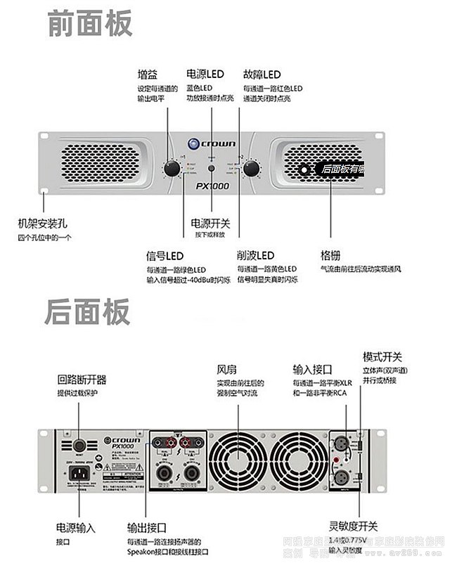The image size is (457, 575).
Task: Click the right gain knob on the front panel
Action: pos(251,169)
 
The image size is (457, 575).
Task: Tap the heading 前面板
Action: pos(90,23)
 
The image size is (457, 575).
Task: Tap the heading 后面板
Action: pos(88,312)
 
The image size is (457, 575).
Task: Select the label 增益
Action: pos(148,75)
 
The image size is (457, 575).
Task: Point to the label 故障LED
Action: pos(262,75)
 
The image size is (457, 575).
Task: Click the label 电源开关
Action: pos(210,223)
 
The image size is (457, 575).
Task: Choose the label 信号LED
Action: pos(165,255)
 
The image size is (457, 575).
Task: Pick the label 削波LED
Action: pos(255,255)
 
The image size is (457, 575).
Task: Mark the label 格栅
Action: pos(330,255)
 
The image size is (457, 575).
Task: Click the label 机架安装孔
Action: pos(42,223)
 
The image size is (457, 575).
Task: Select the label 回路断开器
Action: pos(82,380)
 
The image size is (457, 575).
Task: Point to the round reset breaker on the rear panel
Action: pos(79,444)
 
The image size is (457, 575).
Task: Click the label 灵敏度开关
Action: pos(353,526)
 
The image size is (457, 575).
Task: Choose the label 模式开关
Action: pos(382,357)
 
